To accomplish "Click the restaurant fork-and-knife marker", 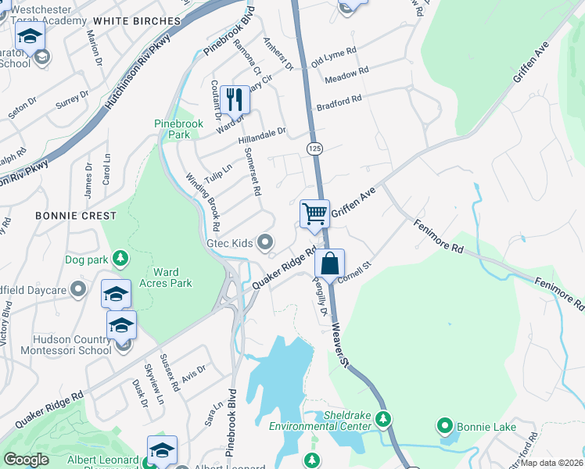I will click(x=234, y=99).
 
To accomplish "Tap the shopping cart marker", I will click(x=314, y=213).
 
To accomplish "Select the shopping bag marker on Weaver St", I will click(x=329, y=264).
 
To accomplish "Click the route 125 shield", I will click(x=314, y=148).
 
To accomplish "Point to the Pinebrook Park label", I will click(x=173, y=129).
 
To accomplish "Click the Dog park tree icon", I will click(x=120, y=257).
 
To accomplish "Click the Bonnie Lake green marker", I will click(x=445, y=426).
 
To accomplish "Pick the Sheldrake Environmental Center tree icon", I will click(x=382, y=419).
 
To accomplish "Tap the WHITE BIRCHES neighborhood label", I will click(x=136, y=20).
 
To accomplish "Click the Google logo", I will click(x=26, y=459).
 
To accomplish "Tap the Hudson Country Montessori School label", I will click(x=72, y=345).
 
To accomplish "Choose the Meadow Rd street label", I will click(x=346, y=76).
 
